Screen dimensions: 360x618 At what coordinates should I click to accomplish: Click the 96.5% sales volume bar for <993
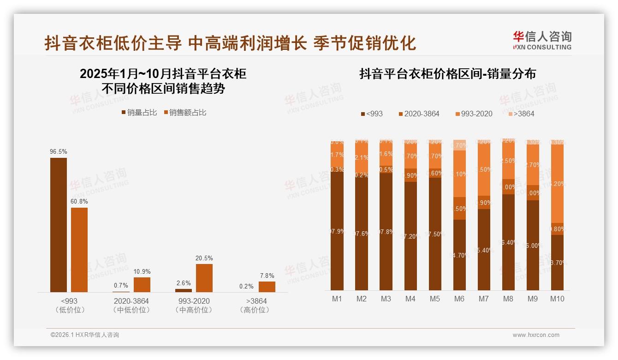(59, 225)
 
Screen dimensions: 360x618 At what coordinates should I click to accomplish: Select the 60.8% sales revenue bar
(79, 250)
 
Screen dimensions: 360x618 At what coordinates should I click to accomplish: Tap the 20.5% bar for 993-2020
(204, 278)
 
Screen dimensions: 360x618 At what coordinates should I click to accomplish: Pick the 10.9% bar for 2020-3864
(142, 284)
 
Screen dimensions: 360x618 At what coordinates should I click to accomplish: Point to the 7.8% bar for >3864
(267, 287)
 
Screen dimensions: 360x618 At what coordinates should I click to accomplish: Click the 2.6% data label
(184, 282)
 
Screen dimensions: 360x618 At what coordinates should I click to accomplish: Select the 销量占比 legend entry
(140, 112)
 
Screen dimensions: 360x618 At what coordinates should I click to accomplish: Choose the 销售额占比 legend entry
(184, 112)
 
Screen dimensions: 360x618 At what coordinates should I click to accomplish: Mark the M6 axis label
(459, 299)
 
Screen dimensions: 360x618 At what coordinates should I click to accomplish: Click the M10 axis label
(557, 299)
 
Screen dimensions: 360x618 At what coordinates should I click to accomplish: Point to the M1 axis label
(337, 299)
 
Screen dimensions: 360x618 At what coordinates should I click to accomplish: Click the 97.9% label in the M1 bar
(337, 232)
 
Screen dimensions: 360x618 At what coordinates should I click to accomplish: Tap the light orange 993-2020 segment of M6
(459, 174)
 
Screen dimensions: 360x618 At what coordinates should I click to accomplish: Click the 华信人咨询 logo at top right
(542, 40)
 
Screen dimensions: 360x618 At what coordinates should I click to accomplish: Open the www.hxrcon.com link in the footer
(536, 335)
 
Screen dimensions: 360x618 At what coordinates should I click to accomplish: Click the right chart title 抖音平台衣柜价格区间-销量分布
(447, 74)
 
